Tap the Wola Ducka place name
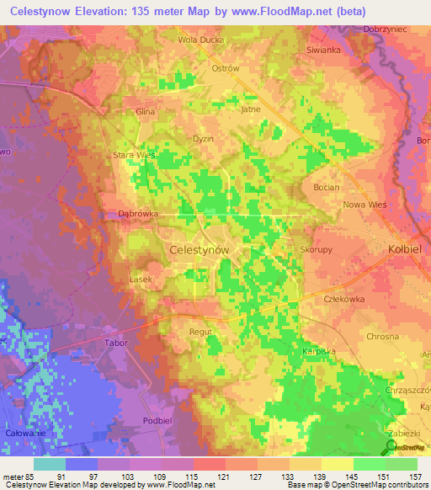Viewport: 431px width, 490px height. [198, 40]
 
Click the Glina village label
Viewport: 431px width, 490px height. [146, 111]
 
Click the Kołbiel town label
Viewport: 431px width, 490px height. [386, 250]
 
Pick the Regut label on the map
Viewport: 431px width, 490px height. [200, 332]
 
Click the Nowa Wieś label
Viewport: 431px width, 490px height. [364, 204]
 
